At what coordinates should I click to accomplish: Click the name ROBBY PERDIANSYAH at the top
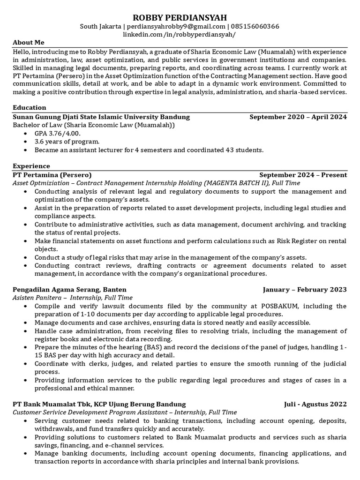pyautogui.click(x=180, y=17)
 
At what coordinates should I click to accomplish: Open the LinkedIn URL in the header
pyautogui.click(x=180, y=35)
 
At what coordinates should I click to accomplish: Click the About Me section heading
pyautogui.click(x=29, y=42)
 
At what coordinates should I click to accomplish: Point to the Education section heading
pyautogui.click(x=29, y=107)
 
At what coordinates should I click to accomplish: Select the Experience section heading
pyautogui.click(x=31, y=166)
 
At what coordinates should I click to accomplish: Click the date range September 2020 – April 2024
pyautogui.click(x=298, y=117)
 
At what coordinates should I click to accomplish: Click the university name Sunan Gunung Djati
pyautogui.click(x=61, y=117)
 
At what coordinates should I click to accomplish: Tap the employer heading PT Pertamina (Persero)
pyautogui.click(x=52, y=175)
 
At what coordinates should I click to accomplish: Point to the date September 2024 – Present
pyautogui.click(x=303, y=175)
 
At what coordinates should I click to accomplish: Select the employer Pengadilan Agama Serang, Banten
pyautogui.click(x=69, y=289)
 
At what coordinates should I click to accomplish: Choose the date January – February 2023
pyautogui.click(x=305, y=289)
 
